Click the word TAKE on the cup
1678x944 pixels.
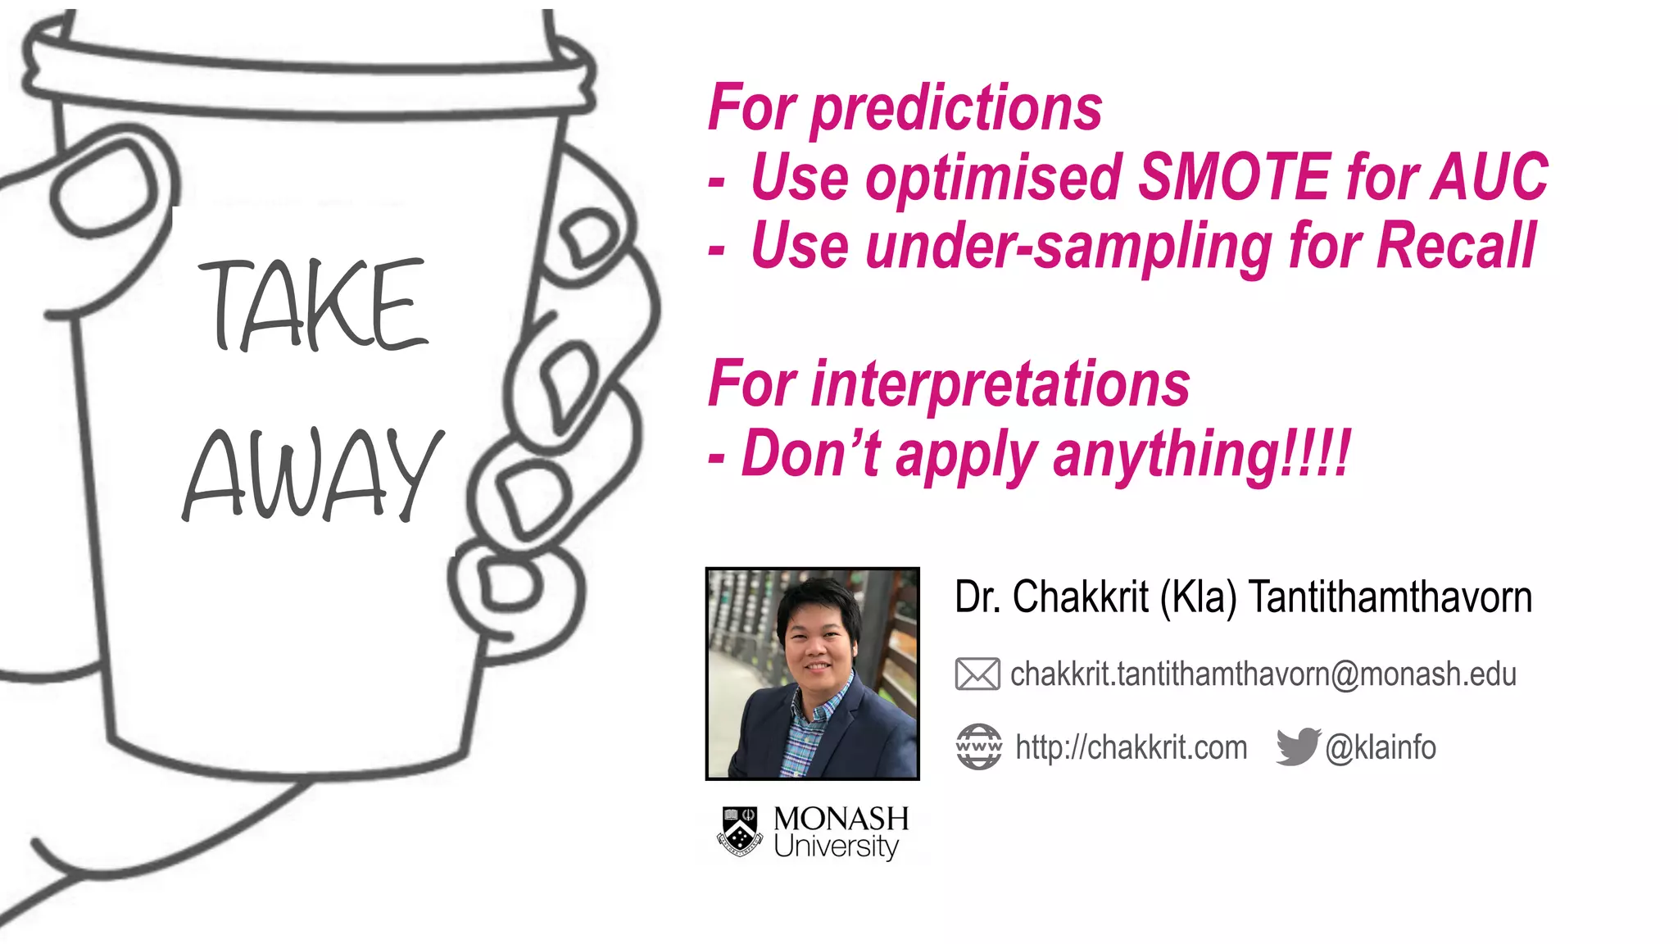click(314, 304)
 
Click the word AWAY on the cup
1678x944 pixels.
click(312, 475)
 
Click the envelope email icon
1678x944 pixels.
click(977, 674)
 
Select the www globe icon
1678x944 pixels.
click(978, 747)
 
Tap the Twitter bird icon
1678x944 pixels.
click(1298, 746)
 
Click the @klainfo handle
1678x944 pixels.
click(1381, 747)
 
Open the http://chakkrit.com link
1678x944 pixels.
click(1131, 747)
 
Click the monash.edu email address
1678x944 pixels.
click(1263, 674)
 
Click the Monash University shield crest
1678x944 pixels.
click(740, 832)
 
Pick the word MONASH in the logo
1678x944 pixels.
click(841, 819)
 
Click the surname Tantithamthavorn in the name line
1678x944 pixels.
click(1390, 597)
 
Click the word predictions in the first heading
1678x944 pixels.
click(956, 108)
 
